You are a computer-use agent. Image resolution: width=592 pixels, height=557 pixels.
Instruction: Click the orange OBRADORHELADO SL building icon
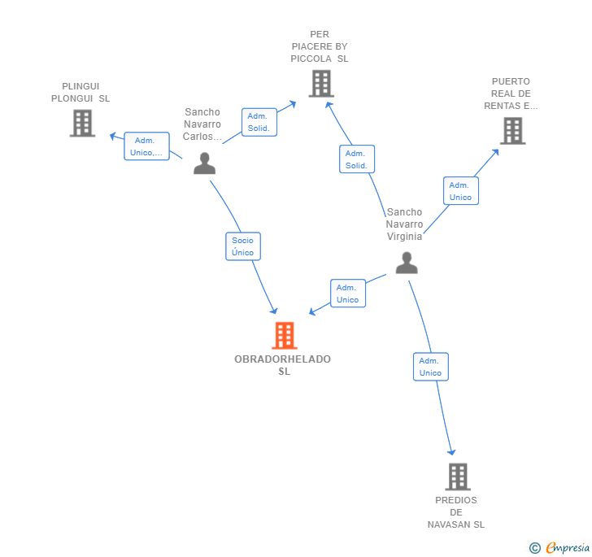(285, 335)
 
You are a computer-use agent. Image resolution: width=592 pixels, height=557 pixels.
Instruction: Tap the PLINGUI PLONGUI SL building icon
(82, 123)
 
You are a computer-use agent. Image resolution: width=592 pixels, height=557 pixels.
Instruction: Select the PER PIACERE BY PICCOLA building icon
(321, 84)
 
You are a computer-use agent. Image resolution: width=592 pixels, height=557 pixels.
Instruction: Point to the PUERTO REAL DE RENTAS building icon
(512, 131)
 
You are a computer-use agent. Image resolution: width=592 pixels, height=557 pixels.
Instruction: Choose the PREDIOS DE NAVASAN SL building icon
(458, 476)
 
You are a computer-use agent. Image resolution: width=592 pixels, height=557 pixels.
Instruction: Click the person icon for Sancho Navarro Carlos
(204, 163)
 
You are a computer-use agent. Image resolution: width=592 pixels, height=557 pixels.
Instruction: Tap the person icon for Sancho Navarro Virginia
(407, 263)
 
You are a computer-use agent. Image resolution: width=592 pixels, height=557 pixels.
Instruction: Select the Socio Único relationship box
(243, 246)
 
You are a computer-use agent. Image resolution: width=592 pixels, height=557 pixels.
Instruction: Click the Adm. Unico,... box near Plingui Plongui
(146, 146)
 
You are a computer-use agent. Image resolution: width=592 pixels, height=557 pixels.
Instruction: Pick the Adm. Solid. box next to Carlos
(259, 122)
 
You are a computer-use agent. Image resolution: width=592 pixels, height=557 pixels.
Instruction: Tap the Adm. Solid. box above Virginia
(357, 159)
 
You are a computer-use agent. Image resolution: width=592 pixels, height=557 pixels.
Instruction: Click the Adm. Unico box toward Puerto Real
(460, 191)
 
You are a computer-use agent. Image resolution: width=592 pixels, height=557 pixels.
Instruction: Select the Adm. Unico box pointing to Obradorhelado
(348, 294)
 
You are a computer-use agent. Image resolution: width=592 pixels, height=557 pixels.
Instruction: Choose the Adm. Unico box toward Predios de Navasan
(431, 367)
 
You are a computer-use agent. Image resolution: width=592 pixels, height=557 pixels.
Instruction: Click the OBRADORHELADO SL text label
(283, 365)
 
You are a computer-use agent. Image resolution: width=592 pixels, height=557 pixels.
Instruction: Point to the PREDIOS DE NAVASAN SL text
(456, 512)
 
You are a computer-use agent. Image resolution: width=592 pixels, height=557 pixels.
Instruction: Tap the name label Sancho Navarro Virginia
(404, 224)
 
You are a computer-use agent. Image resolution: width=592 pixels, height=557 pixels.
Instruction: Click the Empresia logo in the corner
(559, 547)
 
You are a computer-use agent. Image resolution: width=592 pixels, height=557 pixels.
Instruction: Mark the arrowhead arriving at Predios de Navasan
(451, 452)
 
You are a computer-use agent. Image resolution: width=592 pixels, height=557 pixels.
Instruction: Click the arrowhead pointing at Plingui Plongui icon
(112, 136)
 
